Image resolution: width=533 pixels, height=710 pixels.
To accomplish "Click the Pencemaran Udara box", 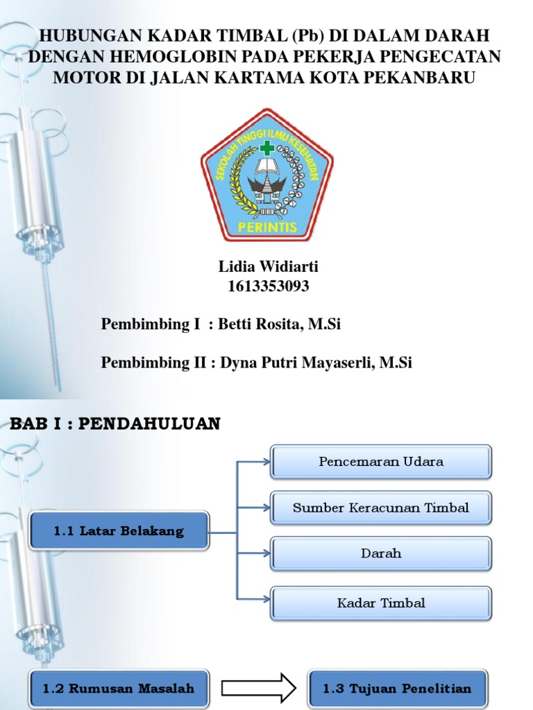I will pyautogui.click(x=381, y=462).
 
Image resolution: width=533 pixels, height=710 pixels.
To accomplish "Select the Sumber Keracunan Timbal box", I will pyautogui.click(x=381, y=508).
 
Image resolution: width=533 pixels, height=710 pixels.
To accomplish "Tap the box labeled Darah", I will pyautogui.click(x=381, y=554).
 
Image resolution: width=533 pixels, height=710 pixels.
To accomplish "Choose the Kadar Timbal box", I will pyautogui.click(x=381, y=603).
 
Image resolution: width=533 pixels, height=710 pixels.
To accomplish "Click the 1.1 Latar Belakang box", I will pyautogui.click(x=119, y=532).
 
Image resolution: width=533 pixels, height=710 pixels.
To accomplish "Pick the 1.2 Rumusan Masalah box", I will pyautogui.click(x=119, y=689).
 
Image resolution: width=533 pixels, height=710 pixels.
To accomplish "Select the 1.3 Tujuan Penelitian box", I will pyautogui.click(x=397, y=689).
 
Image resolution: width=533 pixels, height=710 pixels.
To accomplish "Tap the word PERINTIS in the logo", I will pyautogui.click(x=267, y=227).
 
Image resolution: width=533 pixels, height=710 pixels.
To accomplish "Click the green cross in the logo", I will pyautogui.click(x=267, y=147).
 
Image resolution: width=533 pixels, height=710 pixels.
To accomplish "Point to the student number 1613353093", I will pyautogui.click(x=268, y=286).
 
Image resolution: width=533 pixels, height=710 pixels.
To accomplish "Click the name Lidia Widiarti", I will pyautogui.click(x=268, y=267).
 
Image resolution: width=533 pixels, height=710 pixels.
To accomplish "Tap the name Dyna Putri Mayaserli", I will pyautogui.click(x=299, y=363).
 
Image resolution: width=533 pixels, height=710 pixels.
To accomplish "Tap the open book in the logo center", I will pyautogui.click(x=267, y=167).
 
